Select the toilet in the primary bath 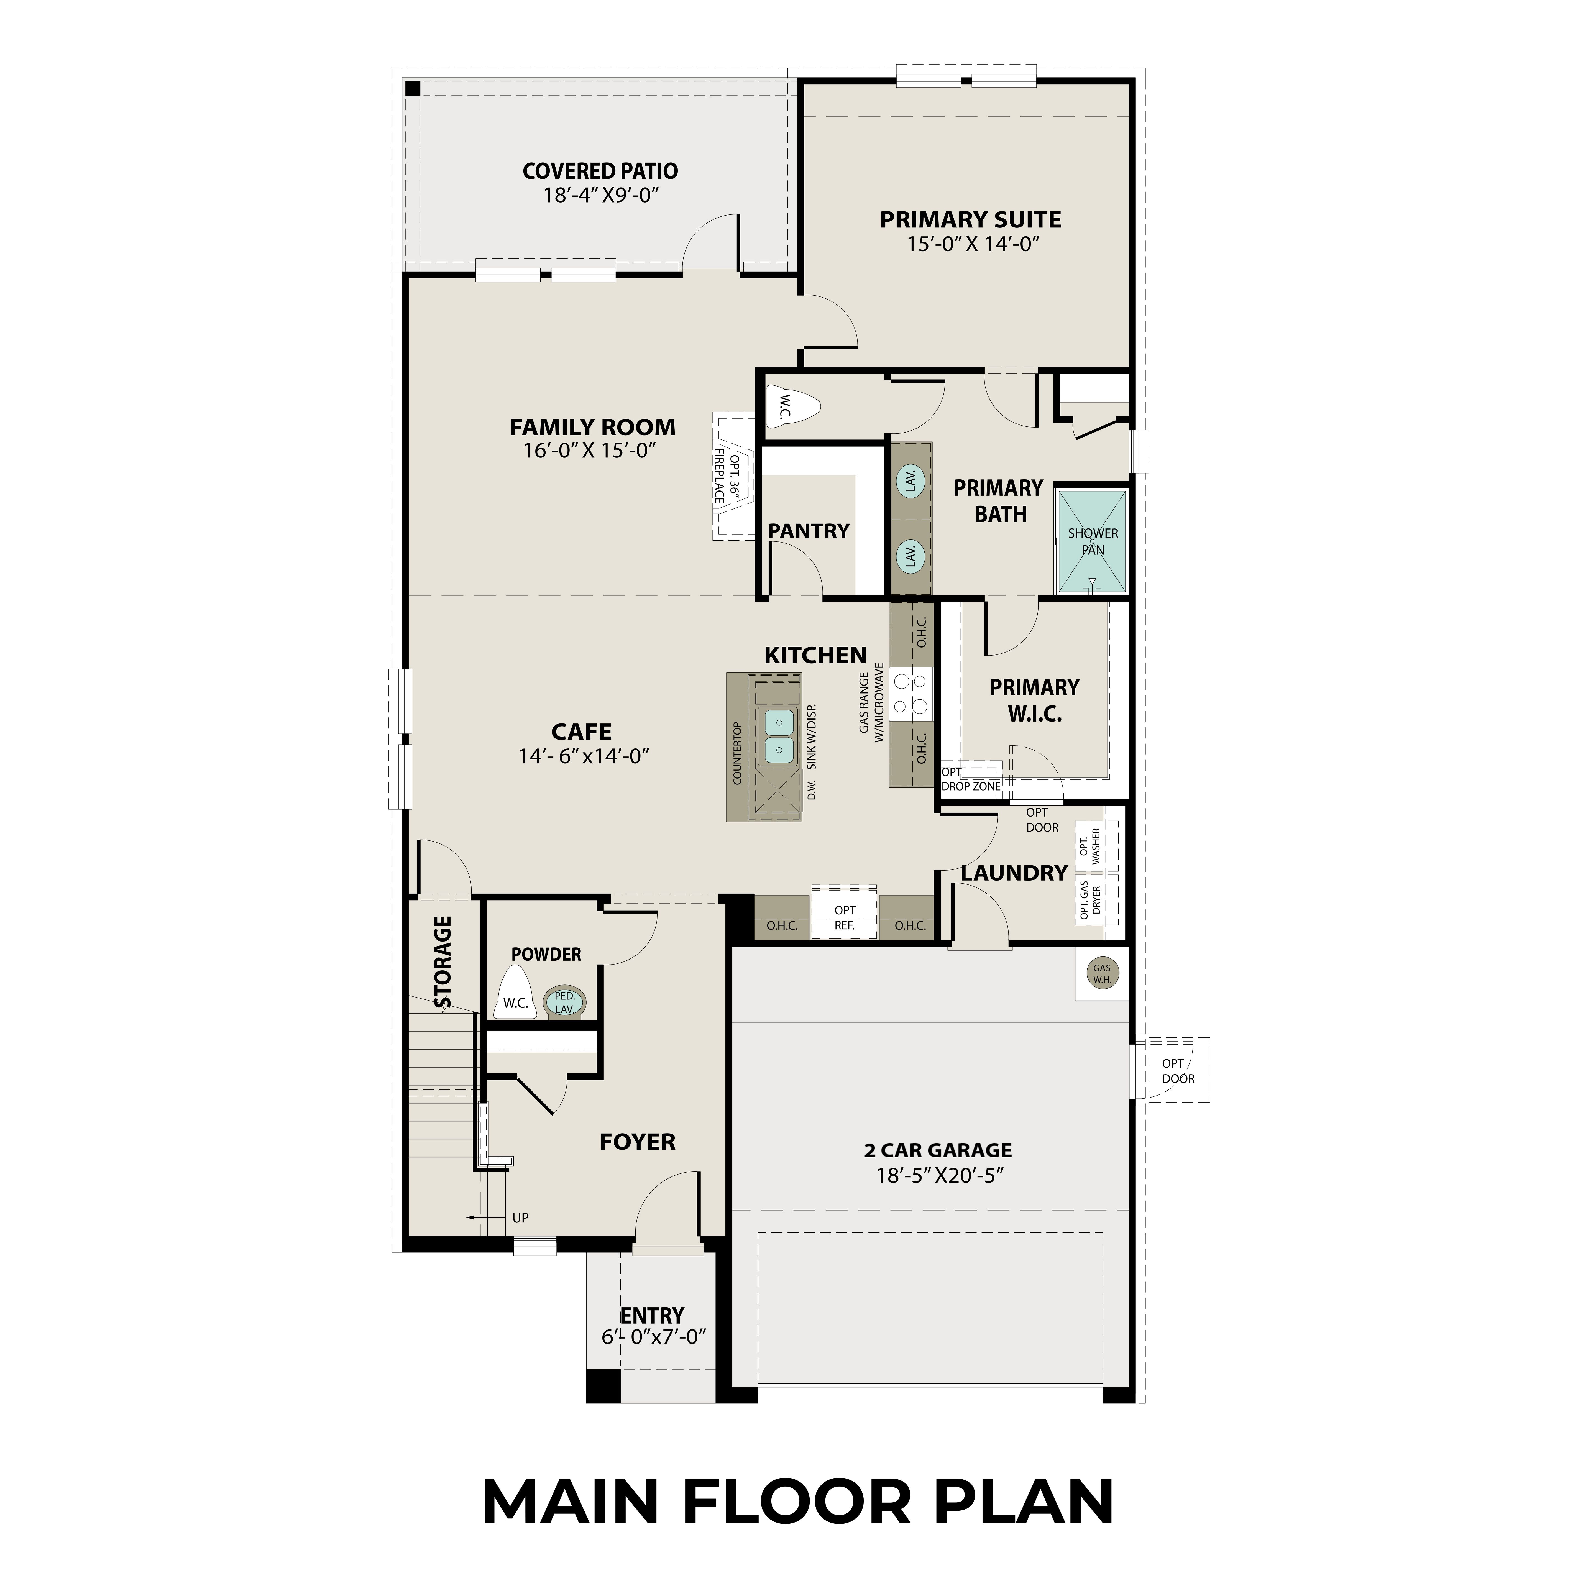point(791,405)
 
